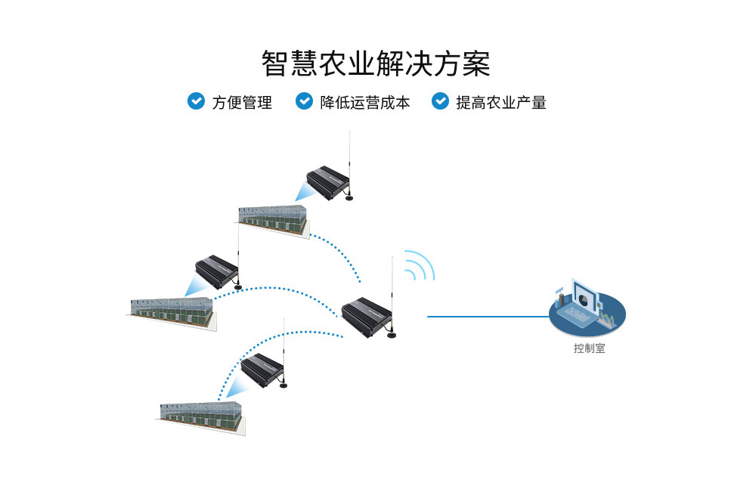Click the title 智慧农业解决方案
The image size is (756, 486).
(376, 63)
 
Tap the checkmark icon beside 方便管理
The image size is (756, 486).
(196, 101)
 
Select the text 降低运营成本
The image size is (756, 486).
(365, 102)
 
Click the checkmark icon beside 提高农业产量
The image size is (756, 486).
(440, 101)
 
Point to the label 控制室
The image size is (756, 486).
(589, 348)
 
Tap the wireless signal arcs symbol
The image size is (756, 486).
(420, 266)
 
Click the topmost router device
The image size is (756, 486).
(327, 182)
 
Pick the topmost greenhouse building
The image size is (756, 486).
(274, 219)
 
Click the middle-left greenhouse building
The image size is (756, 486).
(172, 309)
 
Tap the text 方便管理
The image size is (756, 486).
(242, 102)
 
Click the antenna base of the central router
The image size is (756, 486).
(392, 334)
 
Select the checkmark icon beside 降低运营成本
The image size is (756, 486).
(304, 101)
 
